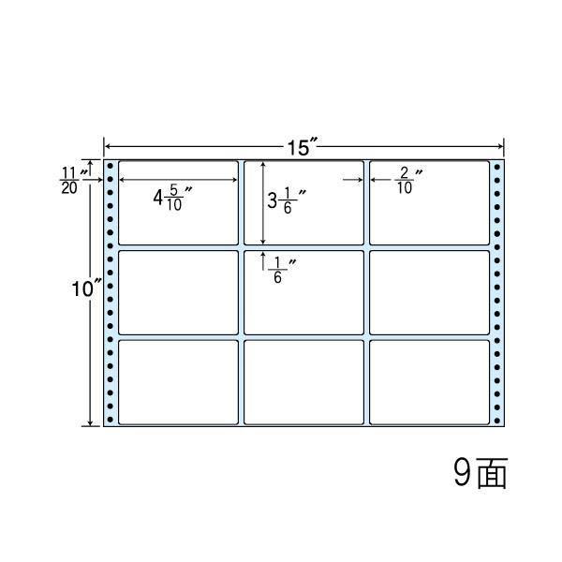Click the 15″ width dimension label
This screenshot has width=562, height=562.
click(303, 148)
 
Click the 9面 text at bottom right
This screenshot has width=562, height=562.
click(479, 474)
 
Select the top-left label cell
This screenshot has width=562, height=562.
click(178, 202)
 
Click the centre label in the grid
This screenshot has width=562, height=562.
click(303, 291)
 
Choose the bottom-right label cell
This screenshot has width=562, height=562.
click(429, 381)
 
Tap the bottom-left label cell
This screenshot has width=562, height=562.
click(178, 381)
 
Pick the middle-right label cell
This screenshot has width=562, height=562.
click(429, 291)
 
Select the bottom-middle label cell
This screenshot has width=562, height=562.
click(303, 381)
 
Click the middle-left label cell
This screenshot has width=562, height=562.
click(178, 291)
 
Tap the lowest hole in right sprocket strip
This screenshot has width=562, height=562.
click(497, 418)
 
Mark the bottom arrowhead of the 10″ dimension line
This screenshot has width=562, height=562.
click(92, 422)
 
